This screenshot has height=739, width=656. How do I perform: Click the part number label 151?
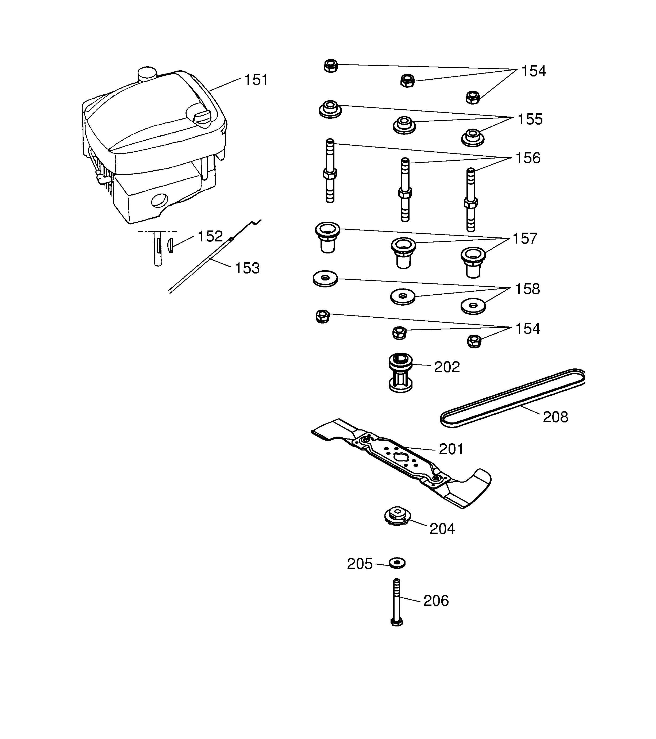[x=256, y=80]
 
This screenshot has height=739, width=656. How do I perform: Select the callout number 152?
[x=210, y=236]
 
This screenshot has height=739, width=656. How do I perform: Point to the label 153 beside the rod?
[x=247, y=268]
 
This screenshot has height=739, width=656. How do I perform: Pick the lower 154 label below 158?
[x=527, y=329]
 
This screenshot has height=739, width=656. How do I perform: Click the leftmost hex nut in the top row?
[x=331, y=66]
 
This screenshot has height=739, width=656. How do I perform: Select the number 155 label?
[x=530, y=119]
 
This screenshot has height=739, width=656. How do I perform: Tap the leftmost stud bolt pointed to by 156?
[x=330, y=171]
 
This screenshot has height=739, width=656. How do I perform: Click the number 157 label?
[x=525, y=238]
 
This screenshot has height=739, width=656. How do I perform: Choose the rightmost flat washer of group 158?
[x=473, y=306]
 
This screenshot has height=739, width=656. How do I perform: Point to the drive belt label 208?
[x=555, y=417]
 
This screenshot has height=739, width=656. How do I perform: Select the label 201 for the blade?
[x=451, y=449]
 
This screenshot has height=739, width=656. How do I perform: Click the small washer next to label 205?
[x=397, y=563]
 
